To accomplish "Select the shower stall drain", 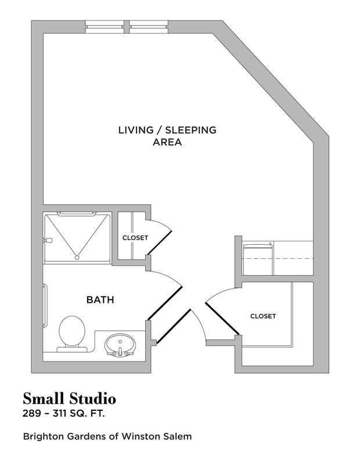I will (x=77, y=256).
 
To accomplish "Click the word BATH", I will (x=100, y=300).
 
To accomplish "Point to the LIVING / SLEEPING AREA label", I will (x=167, y=136).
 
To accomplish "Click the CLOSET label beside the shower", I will (x=135, y=238).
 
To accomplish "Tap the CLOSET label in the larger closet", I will (x=262, y=316).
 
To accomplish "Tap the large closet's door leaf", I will (x=222, y=316).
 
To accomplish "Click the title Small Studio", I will (x=70, y=399).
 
